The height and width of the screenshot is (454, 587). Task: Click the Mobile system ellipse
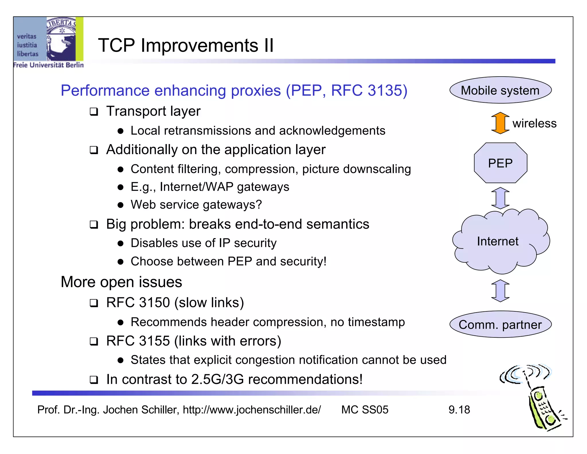(x=500, y=90)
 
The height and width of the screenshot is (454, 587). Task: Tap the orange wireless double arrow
(x=500, y=123)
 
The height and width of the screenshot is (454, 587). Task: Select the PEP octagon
(x=500, y=163)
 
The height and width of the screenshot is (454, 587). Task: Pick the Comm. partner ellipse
(x=500, y=325)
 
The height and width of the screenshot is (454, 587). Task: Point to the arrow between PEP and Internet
(x=500, y=198)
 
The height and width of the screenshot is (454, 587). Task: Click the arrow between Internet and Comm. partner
(x=500, y=291)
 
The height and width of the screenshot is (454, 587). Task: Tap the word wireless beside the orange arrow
(x=534, y=123)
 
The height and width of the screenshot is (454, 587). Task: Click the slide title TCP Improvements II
(x=186, y=45)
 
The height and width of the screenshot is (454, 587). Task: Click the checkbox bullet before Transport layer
(x=94, y=112)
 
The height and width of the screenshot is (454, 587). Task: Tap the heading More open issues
(x=121, y=282)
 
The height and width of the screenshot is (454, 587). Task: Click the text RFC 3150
(x=138, y=302)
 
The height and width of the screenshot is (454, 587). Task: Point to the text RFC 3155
(x=138, y=341)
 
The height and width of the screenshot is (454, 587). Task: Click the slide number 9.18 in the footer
(x=459, y=410)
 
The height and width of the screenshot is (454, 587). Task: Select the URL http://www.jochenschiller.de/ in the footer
(x=252, y=410)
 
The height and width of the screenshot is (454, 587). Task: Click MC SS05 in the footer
(x=365, y=410)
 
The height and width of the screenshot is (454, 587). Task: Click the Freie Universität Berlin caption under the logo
(x=48, y=65)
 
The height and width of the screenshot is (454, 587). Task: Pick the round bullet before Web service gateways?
(x=120, y=205)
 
